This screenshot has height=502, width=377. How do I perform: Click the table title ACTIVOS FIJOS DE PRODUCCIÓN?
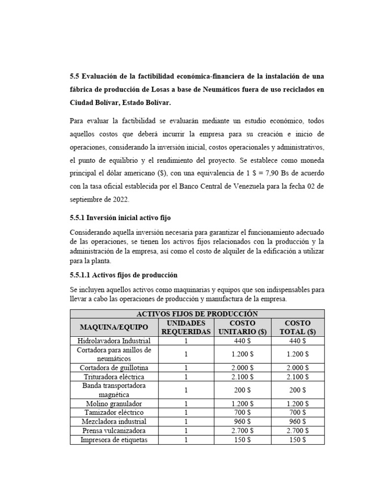click(197, 314)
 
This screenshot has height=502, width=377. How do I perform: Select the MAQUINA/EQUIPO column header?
click(114, 327)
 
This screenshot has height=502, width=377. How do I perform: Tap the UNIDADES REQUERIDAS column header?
click(186, 327)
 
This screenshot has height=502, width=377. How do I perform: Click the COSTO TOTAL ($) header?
click(297, 327)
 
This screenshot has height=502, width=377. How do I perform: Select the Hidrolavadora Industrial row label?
click(114, 341)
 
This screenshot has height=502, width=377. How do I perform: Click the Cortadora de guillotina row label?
click(114, 368)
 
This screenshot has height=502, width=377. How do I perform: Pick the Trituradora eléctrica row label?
click(114, 376)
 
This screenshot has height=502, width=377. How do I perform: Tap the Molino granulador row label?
click(114, 403)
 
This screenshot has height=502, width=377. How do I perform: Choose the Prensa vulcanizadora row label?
click(114, 430)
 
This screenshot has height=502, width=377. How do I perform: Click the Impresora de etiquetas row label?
click(114, 440)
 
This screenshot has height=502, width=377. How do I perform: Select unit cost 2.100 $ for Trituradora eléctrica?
click(242, 376)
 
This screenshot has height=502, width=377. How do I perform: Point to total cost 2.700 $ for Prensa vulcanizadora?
click(297, 430)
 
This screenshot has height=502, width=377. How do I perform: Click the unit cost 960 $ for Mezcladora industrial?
click(242, 422)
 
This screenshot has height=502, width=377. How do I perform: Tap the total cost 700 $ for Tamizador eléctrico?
click(297, 412)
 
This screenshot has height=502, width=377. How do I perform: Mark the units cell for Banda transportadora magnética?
click(186, 390)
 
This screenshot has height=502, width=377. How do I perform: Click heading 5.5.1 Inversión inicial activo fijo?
click(120, 217)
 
